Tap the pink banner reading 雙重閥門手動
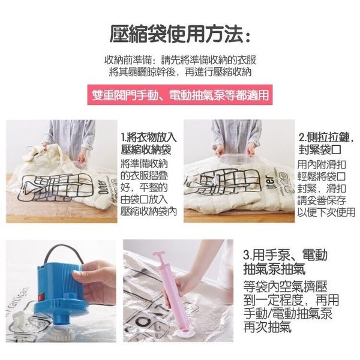180,95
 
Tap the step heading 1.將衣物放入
149,138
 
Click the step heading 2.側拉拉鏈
326,138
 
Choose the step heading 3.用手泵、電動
285,254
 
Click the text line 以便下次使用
326,212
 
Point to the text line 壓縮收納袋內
149,211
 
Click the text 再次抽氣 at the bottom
267,327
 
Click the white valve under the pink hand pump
183,332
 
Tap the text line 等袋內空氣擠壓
285,287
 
